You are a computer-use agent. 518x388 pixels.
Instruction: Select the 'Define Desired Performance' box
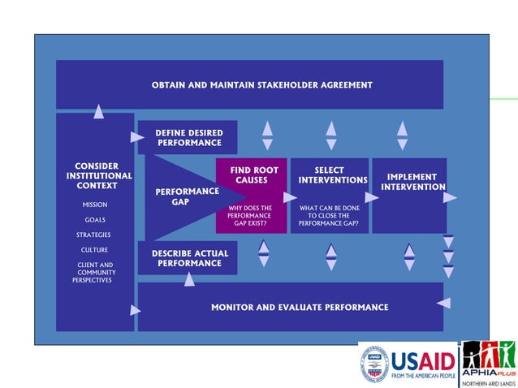click(x=188, y=137)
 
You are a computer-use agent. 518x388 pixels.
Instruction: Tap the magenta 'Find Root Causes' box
click(x=251, y=175)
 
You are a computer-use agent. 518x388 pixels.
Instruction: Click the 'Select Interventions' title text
click(x=329, y=175)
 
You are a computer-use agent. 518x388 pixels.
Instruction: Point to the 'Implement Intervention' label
click(x=412, y=182)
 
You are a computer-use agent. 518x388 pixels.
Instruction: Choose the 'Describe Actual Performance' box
click(x=189, y=258)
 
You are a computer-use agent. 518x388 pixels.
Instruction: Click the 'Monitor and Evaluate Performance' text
click(x=300, y=308)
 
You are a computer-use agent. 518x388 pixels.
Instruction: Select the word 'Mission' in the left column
click(x=95, y=205)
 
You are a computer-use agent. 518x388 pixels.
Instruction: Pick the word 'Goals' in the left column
click(x=95, y=220)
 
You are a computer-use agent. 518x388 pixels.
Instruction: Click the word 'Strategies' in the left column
click(x=94, y=235)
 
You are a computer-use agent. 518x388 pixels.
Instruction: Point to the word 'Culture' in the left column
click(x=94, y=250)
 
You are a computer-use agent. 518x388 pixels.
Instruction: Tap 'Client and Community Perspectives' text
click(x=94, y=272)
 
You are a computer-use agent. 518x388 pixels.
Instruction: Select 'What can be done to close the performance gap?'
click(x=329, y=215)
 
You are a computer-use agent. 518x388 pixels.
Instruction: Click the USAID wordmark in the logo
click(x=423, y=360)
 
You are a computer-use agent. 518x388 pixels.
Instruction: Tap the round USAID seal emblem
click(x=374, y=364)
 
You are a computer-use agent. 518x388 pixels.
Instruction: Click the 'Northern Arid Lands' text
click(x=489, y=383)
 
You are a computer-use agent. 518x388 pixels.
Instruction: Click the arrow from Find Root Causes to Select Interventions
click(x=290, y=197)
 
